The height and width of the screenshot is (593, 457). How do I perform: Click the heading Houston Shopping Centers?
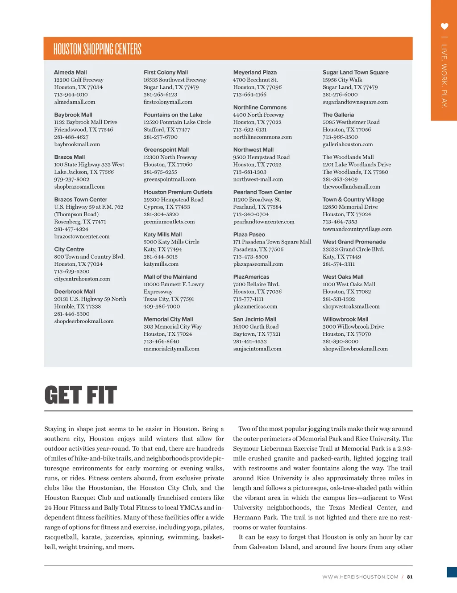pyautogui.click(x=97, y=49)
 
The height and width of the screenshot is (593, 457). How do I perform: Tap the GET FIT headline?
pyautogui.click(x=81, y=395)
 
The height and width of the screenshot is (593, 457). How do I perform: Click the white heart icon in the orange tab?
pyautogui.click(x=444, y=27)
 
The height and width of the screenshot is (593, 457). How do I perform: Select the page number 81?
pyautogui.click(x=410, y=577)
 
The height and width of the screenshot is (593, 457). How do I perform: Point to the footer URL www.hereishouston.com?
pyautogui.click(x=360, y=577)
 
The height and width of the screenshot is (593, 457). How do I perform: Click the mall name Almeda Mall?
pyautogui.click(x=71, y=72)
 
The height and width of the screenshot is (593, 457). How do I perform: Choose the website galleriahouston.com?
pyautogui.click(x=348, y=144)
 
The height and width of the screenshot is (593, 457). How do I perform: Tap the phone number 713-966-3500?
pyautogui.click(x=340, y=137)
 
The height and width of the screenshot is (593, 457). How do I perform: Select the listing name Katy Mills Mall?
pyautogui.click(x=163, y=235)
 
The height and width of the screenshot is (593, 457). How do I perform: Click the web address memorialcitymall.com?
pyautogui.click(x=171, y=349)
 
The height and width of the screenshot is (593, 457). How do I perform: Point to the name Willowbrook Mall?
pyautogui.click(x=345, y=319)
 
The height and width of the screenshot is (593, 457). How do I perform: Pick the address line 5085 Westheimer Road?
pyautogui.click(x=351, y=122)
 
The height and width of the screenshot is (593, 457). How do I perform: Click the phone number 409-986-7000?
pyautogui.click(x=162, y=306)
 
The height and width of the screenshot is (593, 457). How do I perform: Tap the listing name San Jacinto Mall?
pyautogui.click(x=255, y=319)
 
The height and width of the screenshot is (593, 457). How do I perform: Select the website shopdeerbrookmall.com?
pyautogui.click(x=84, y=321)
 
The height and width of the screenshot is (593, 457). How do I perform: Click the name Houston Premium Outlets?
pyautogui.click(x=178, y=192)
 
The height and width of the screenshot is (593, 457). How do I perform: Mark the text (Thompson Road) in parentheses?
pyautogui.click(x=76, y=214)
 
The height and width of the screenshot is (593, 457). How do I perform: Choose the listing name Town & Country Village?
pyautogui.click(x=353, y=200)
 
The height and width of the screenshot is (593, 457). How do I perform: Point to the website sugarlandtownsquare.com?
pyautogui.click(x=355, y=102)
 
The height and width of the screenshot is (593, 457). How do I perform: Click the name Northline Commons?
pyautogui.click(x=260, y=107)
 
